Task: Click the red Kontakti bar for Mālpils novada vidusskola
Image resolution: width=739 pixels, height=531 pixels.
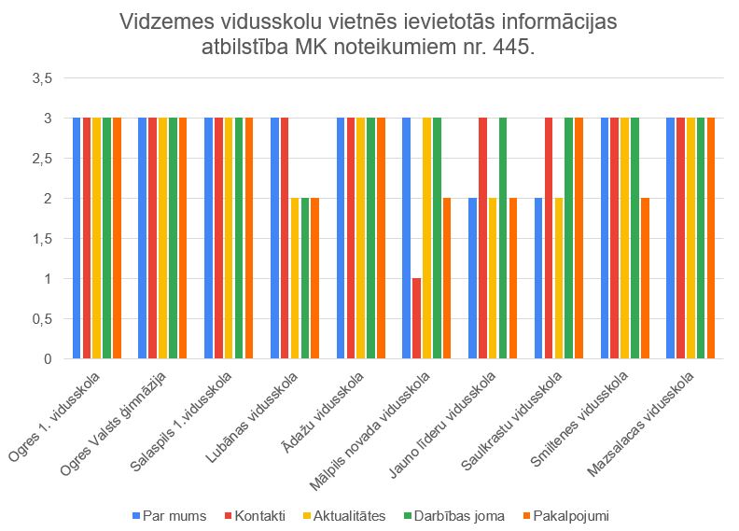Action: click(x=417, y=318)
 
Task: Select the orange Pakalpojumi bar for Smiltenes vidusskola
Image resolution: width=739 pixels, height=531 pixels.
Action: click(x=645, y=278)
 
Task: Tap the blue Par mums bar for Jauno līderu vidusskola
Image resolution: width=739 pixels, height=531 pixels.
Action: click(x=473, y=278)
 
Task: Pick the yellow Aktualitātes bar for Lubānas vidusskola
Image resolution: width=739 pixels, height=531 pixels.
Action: click(x=295, y=278)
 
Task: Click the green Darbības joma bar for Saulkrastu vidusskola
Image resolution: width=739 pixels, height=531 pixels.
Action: click(x=569, y=238)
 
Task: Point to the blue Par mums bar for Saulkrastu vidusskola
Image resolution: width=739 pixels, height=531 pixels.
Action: click(x=539, y=278)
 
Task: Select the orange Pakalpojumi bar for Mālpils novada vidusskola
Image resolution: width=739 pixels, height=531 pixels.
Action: click(x=447, y=278)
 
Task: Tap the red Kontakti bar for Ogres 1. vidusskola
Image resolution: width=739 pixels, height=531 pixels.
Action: click(x=88, y=238)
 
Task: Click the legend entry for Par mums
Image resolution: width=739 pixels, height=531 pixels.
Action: click(x=165, y=514)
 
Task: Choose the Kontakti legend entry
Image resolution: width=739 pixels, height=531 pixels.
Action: click(x=253, y=514)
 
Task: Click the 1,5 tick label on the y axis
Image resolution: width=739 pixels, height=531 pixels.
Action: click(x=43, y=239)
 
